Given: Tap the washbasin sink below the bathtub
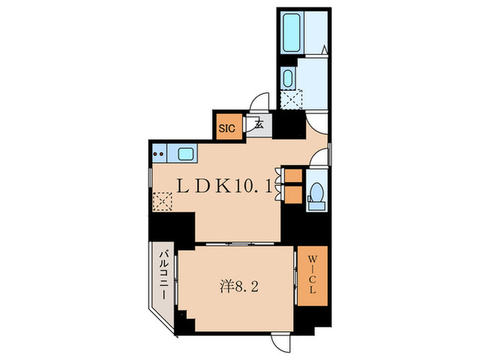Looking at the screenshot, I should pos(289,78).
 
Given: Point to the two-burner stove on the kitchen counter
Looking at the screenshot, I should pos(159,154).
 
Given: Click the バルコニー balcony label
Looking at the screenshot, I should pos(165,275).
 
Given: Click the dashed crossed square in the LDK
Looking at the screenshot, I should pos(163,201).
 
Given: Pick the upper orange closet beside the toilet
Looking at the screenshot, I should pos(292,175).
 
